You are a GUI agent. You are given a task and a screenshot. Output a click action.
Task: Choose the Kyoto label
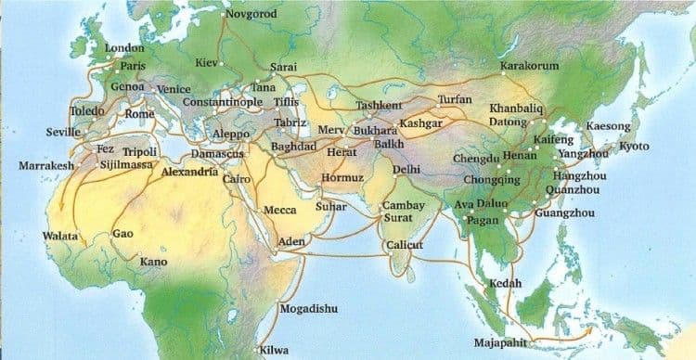[x=635, y=147]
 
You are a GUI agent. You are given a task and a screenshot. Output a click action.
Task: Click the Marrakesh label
[x=45, y=166]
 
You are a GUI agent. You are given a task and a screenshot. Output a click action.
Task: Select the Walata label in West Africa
[x=60, y=237]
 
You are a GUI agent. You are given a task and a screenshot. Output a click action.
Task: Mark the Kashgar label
[x=419, y=123]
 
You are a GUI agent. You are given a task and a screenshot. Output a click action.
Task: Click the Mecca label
[x=280, y=211]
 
